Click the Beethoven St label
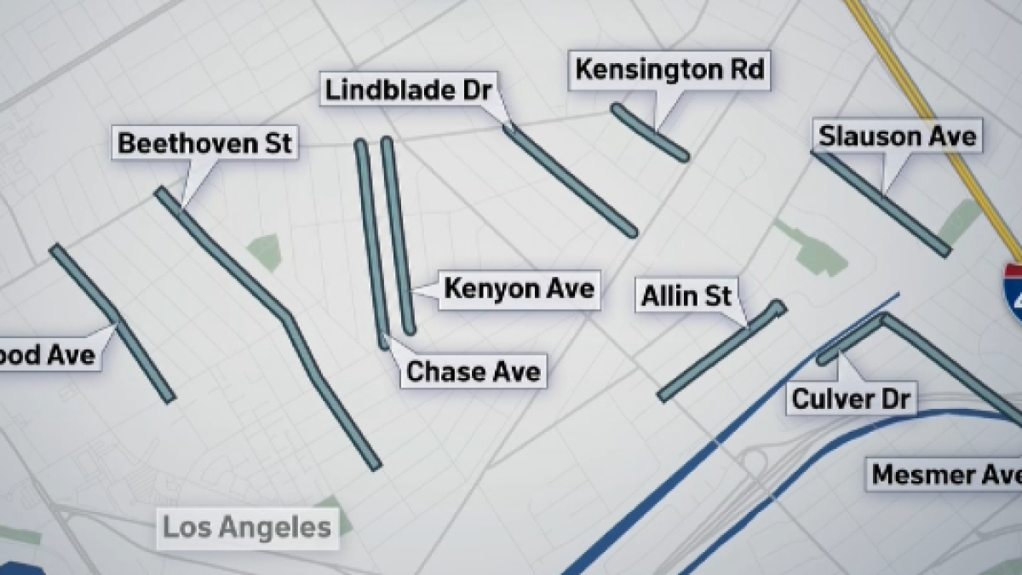(x=204, y=142)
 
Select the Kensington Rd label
(x=669, y=70)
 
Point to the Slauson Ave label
(x=897, y=136)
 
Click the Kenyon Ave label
(x=519, y=289)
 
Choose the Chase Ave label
(x=474, y=371)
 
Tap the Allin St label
(x=686, y=296)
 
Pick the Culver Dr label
(x=852, y=398)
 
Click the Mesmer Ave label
(x=944, y=474)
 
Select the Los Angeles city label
(x=246, y=527)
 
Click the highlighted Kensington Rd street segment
(x=651, y=133)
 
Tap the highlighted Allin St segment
(x=720, y=351)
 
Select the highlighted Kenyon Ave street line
(x=399, y=234)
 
